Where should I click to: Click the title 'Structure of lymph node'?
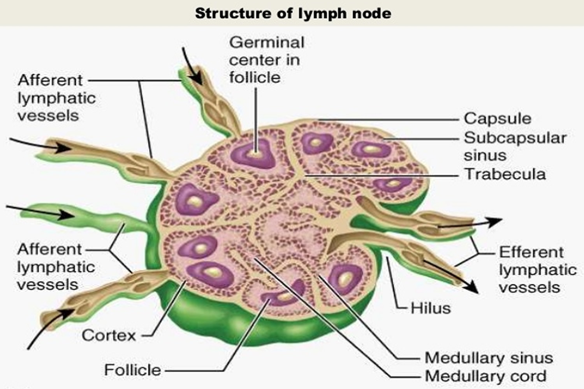pos(293,13)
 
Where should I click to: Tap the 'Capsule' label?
pos(497,118)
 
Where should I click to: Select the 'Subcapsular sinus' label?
pos(514,146)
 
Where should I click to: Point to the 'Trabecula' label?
pos(505,174)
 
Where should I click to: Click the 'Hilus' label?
pos(431,308)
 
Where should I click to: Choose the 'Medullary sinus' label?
pos(488,357)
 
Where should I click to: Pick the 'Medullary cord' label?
pos(485,376)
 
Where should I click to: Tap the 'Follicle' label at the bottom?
pos(132,370)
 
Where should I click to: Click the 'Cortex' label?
pos(109,335)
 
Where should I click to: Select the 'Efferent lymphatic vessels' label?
pos(537,269)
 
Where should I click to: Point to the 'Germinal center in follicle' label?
pos(266,60)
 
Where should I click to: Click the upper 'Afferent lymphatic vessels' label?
pos(56,98)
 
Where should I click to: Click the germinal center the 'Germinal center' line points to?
pos(255,152)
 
